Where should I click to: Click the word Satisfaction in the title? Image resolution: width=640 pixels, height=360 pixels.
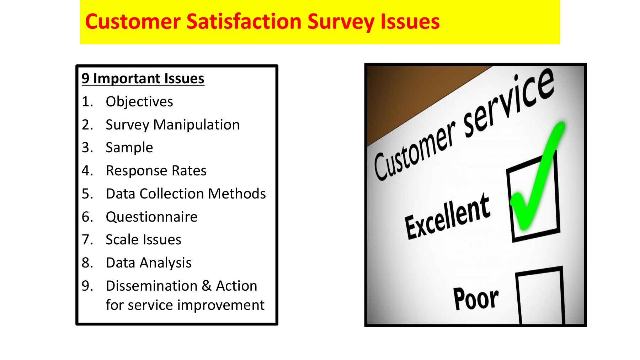(244, 21)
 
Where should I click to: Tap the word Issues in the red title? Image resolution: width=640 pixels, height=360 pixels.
(410, 21)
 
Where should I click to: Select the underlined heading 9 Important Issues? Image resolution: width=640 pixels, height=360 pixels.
(143, 79)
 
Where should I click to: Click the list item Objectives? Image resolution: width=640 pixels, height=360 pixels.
(139, 102)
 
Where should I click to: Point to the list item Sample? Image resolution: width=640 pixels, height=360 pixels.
(129, 148)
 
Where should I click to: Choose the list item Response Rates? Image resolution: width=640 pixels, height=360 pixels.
(156, 171)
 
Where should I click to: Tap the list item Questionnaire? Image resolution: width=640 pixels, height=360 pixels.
(151, 217)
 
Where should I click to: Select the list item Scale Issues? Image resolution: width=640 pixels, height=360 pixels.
(144, 240)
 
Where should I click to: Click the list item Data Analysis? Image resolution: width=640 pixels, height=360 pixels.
(149, 263)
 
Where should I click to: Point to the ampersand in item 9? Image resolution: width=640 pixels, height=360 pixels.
(207, 286)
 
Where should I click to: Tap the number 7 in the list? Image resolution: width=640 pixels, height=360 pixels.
(87, 240)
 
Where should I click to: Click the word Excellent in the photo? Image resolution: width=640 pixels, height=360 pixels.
(447, 216)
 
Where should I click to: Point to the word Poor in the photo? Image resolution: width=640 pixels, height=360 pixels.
(476, 298)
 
